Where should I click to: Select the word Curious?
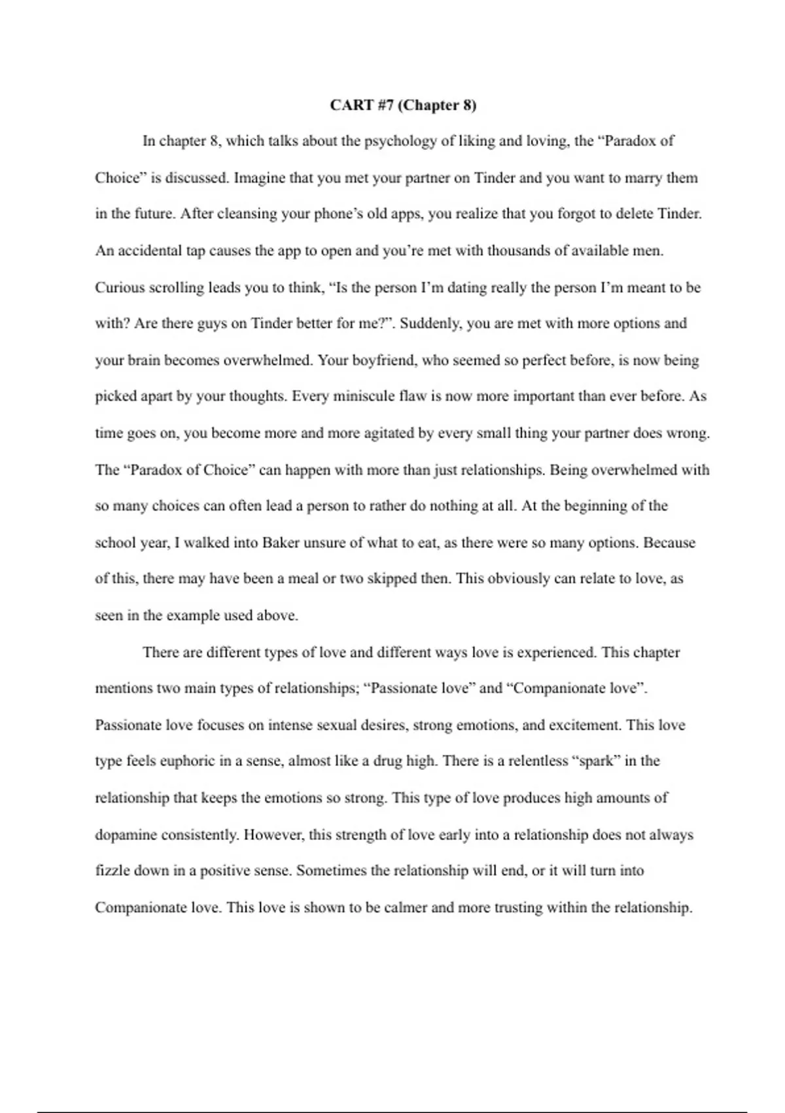[x=120, y=287]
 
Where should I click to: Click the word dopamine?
[x=126, y=835]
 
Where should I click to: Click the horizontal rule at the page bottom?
[x=392, y=1111]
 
